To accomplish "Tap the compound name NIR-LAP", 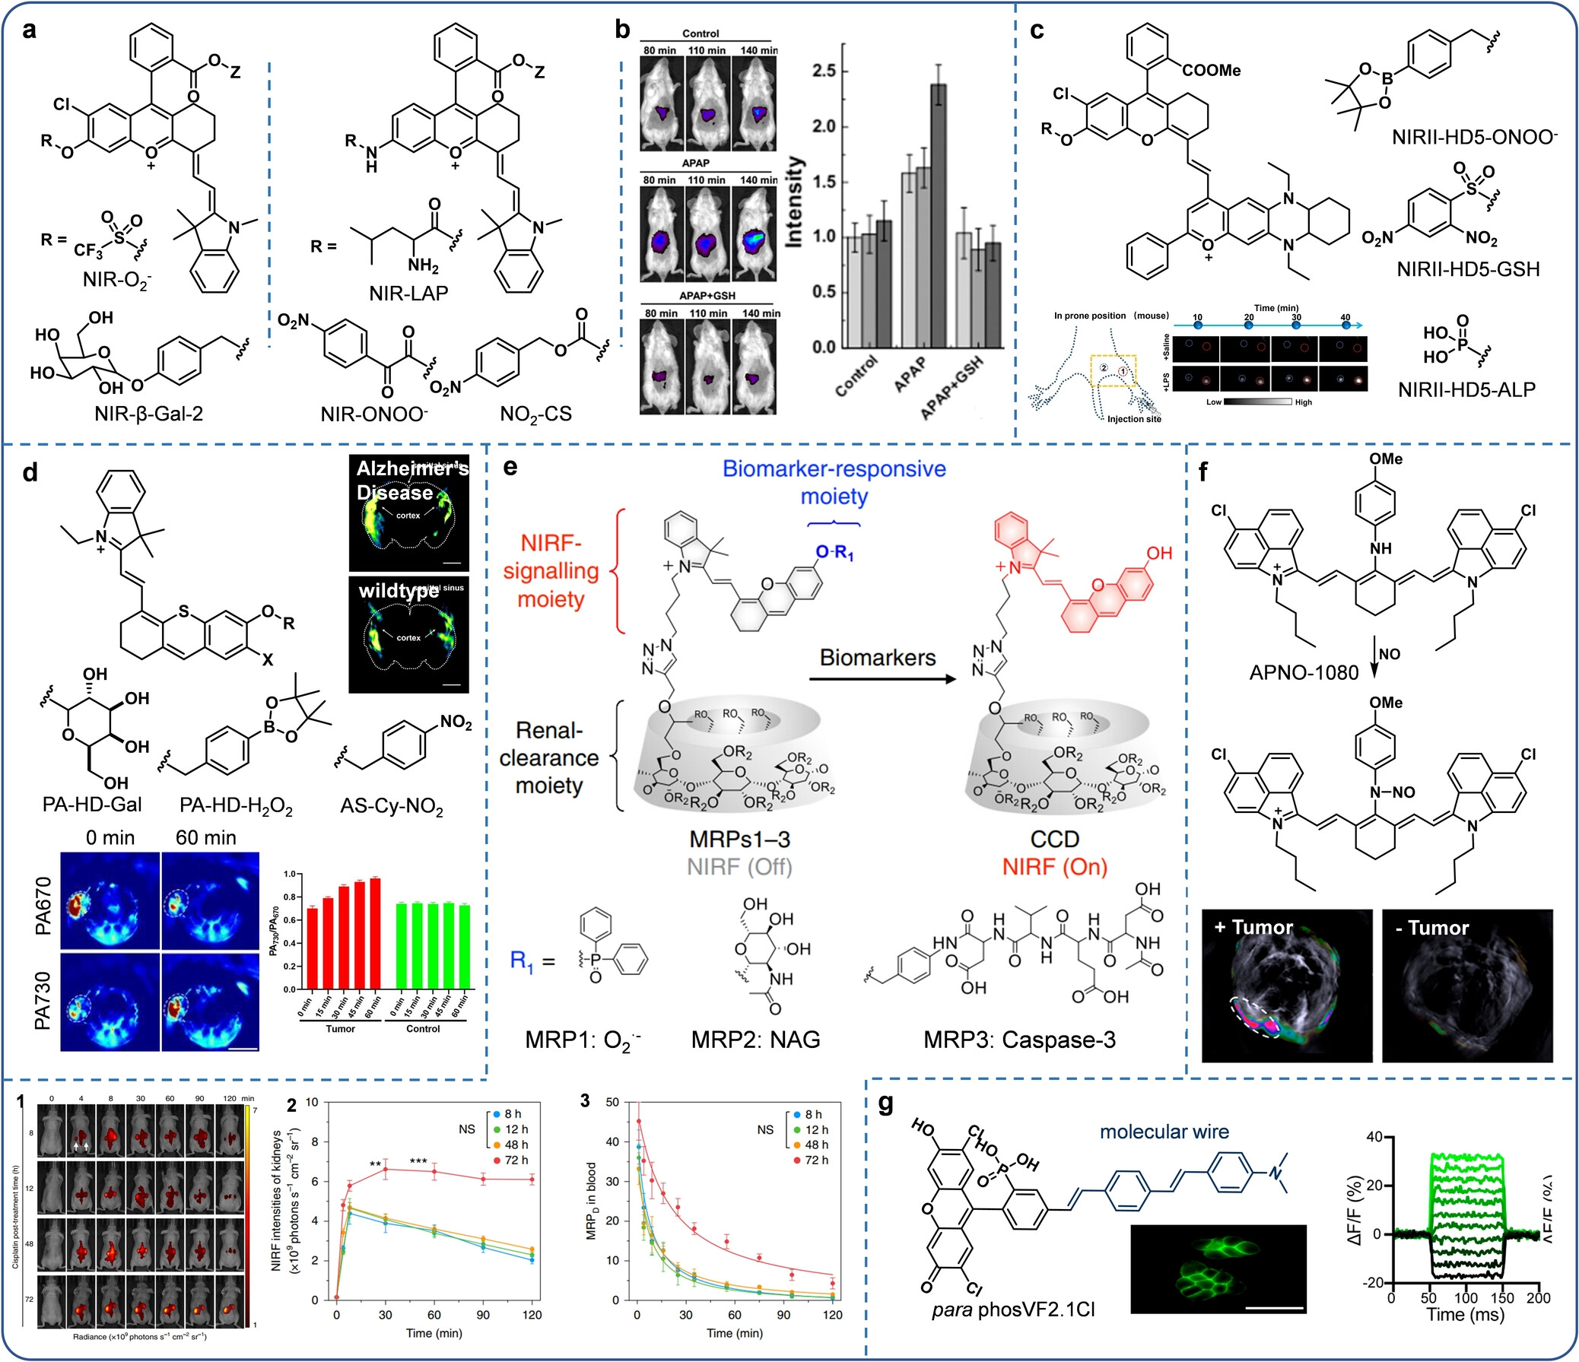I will tap(408, 294).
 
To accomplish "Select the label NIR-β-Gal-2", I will tap(148, 414).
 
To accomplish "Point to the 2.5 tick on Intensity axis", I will tap(824, 71).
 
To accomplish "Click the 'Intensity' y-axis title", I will tap(794, 202).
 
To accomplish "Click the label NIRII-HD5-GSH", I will tap(1468, 269).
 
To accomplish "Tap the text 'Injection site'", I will tap(1134, 419).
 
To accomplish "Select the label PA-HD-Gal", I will tap(92, 805).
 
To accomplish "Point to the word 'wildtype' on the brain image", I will tap(399, 591).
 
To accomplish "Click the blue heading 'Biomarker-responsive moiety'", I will tap(834, 482).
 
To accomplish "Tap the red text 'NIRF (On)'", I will tap(1055, 866).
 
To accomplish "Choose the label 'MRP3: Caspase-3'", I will tap(1019, 1039).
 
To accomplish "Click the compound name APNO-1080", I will tap(1304, 672).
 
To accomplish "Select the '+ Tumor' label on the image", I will tap(1253, 928).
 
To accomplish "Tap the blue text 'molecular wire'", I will tap(1164, 1132).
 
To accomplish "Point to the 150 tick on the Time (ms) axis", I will tap(1502, 1298).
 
